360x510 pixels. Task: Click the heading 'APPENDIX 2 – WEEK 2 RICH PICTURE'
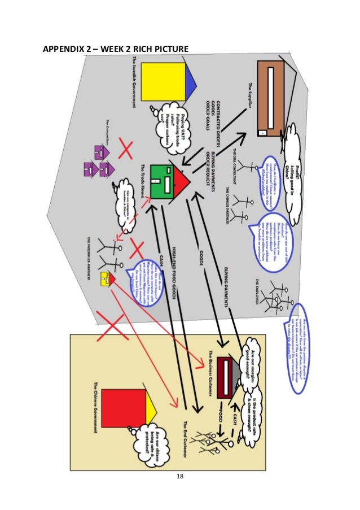tap(116, 51)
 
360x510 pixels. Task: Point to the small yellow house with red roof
tap(107, 278)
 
